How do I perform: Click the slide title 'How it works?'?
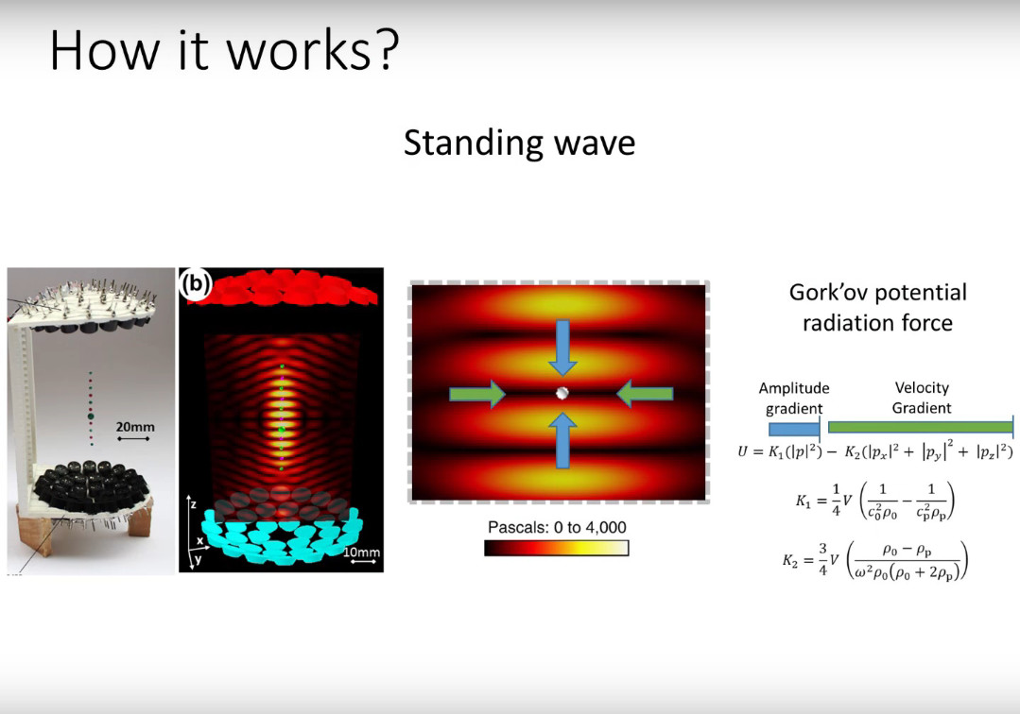pyautogui.click(x=224, y=51)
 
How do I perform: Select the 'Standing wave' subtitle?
pyautogui.click(x=519, y=143)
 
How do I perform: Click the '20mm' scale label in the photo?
pyautogui.click(x=135, y=427)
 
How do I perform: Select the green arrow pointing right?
pyautogui.click(x=477, y=396)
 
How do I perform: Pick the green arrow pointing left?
pyautogui.click(x=646, y=396)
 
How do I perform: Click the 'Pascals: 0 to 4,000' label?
pyautogui.click(x=556, y=527)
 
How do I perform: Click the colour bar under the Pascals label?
pyautogui.click(x=556, y=548)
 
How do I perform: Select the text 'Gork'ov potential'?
pyautogui.click(x=877, y=292)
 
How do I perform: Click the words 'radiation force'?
pyautogui.click(x=877, y=323)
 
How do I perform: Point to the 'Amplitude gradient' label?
pyautogui.click(x=793, y=398)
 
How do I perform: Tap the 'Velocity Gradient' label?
pyautogui.click(x=921, y=398)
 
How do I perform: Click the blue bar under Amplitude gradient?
pyautogui.click(x=793, y=428)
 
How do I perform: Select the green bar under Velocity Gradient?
pyautogui.click(x=919, y=428)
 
